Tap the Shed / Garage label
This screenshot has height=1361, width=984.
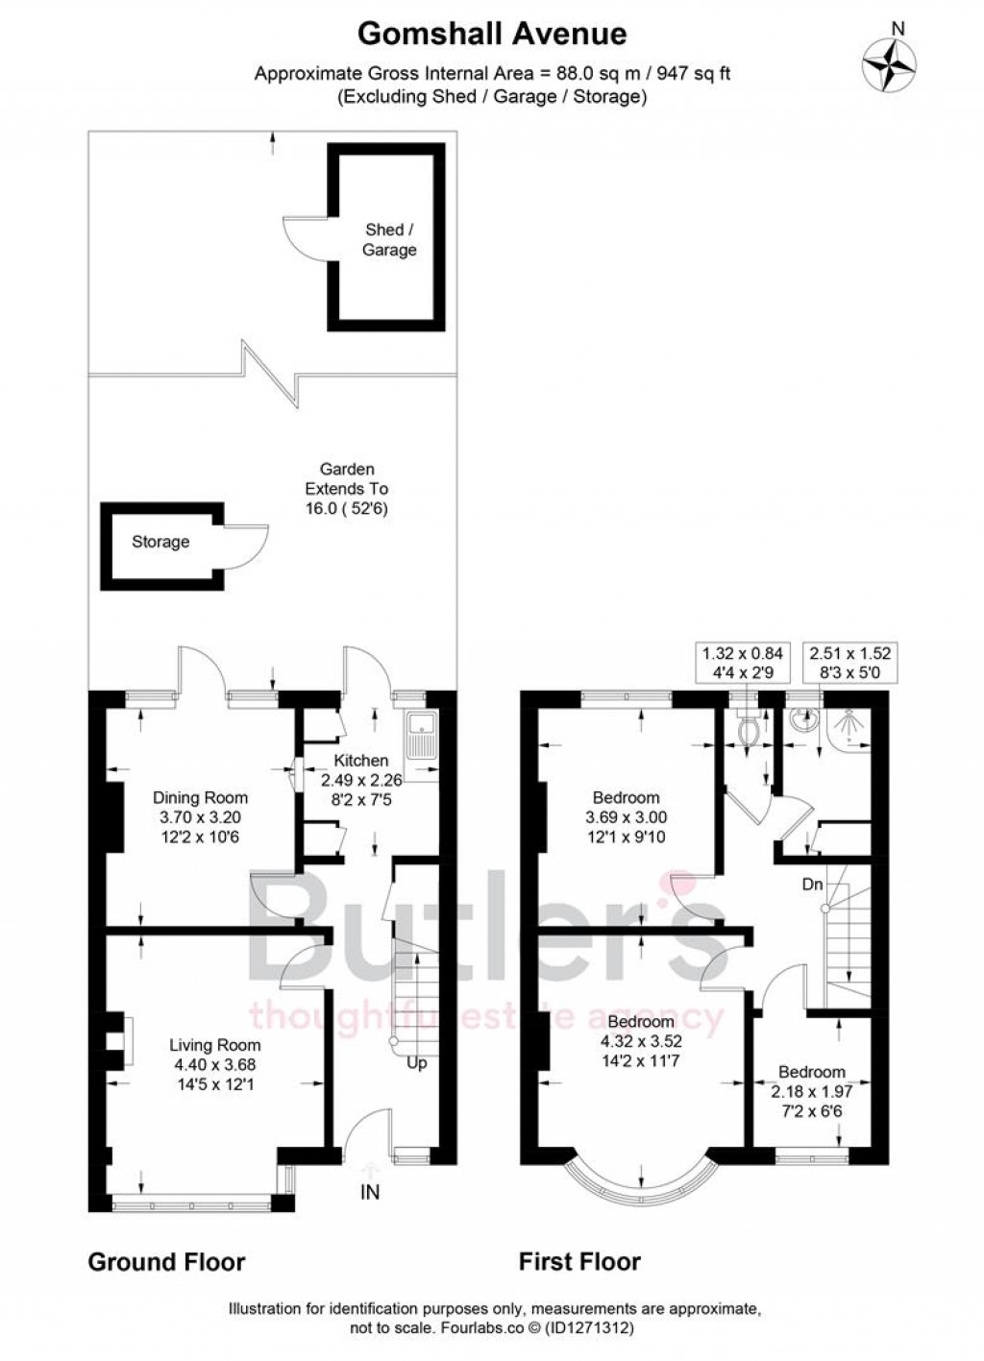389,240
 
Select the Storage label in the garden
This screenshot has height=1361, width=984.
160,542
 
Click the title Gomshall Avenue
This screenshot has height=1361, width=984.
492,35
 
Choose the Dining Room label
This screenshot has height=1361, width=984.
201,797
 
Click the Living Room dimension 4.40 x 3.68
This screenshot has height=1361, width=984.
214,1064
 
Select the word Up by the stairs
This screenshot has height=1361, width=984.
417,1063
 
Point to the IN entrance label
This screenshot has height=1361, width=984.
370,1193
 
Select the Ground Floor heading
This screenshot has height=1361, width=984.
166,1261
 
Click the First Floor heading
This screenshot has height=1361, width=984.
579,1261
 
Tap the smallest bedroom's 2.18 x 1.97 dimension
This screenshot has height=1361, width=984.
812,1091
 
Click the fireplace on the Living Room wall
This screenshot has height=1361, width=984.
115,1040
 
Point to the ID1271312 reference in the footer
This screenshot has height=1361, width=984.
589,1328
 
